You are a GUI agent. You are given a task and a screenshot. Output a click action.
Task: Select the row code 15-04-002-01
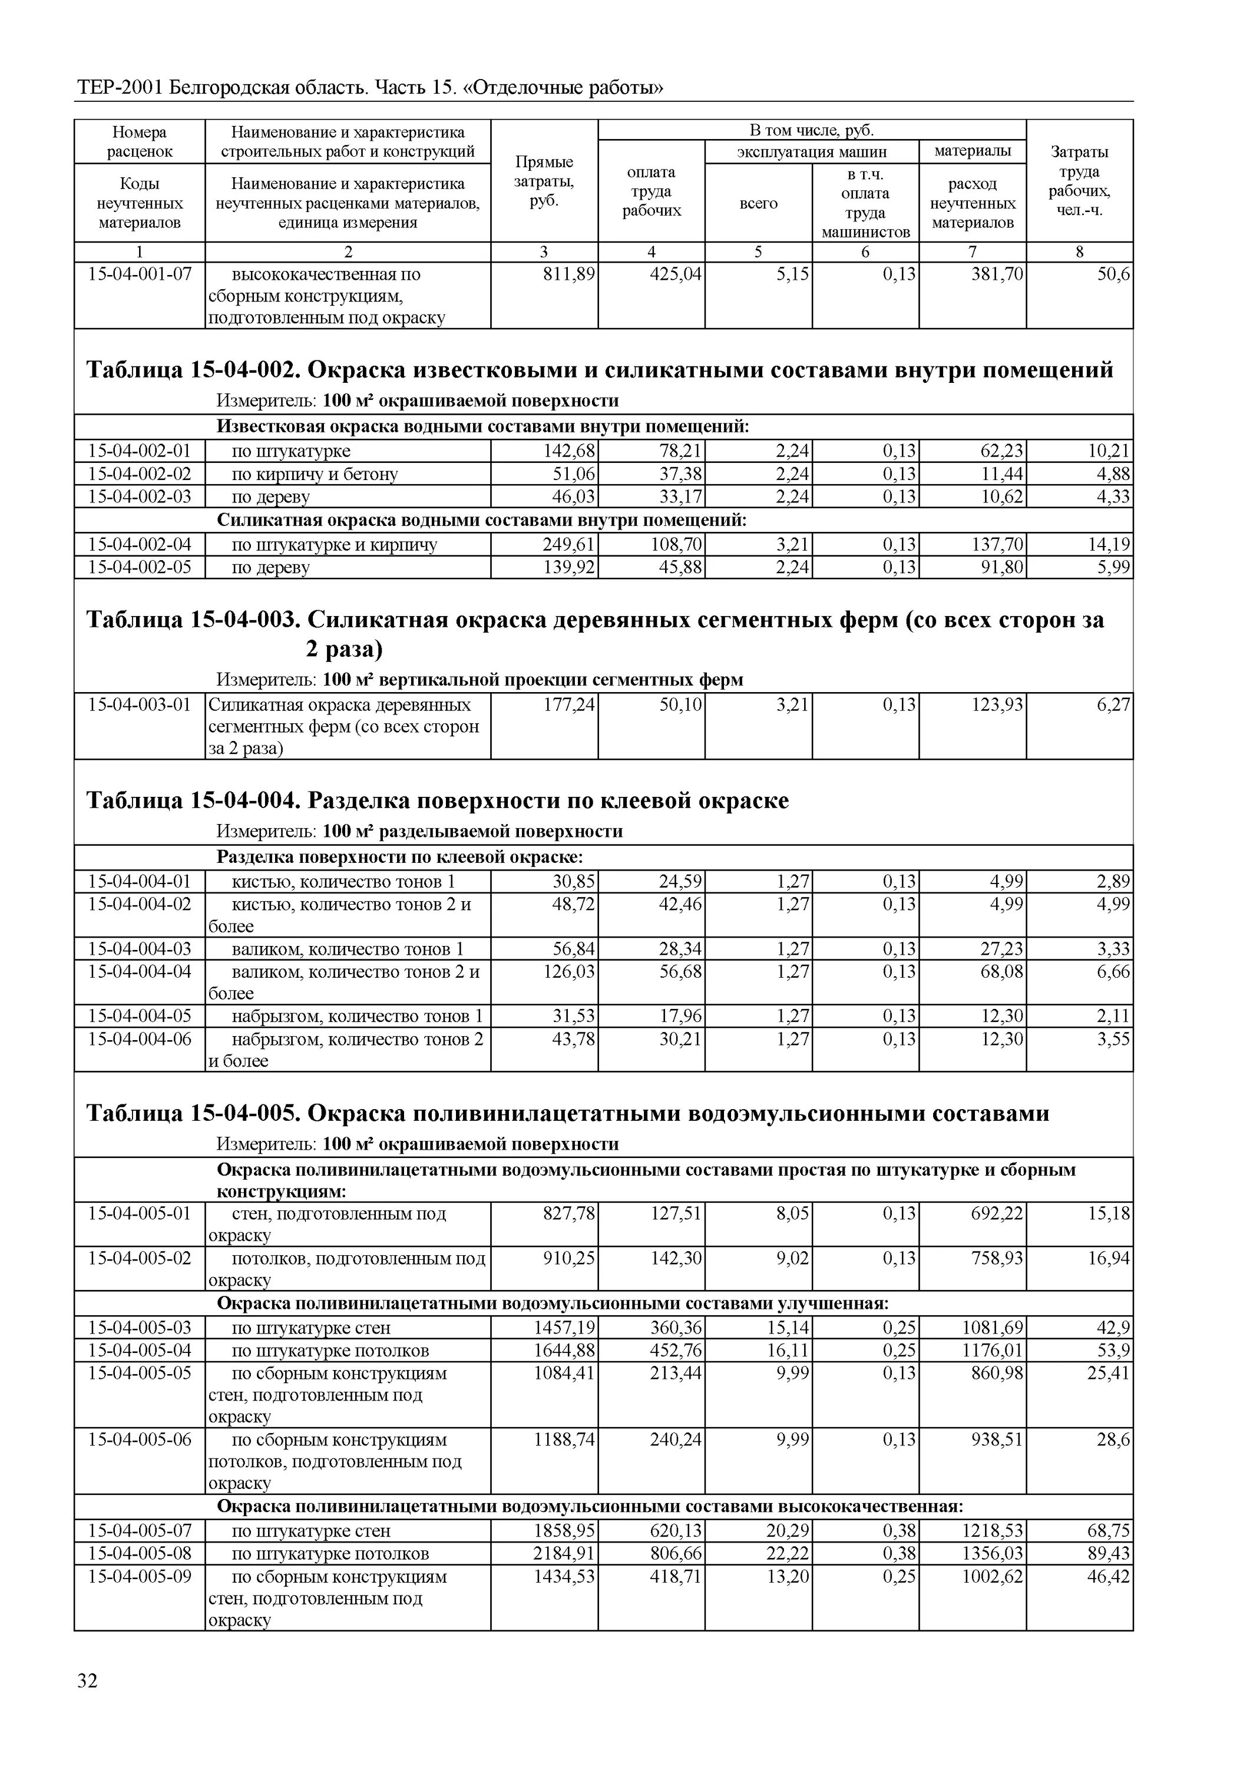pyautogui.click(x=140, y=451)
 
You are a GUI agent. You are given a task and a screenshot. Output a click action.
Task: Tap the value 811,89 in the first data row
pyautogui.click(x=569, y=274)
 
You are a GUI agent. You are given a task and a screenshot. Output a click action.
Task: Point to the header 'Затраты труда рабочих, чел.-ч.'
pyautogui.click(x=1079, y=181)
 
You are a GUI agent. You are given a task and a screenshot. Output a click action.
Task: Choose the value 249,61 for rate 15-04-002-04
pyautogui.click(x=569, y=545)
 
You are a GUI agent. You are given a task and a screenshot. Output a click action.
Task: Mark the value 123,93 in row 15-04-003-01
pyautogui.click(x=997, y=705)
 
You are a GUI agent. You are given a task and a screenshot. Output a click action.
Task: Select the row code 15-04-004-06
pyautogui.click(x=140, y=1040)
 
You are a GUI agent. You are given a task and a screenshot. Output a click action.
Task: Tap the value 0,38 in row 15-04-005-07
pyautogui.click(x=899, y=1531)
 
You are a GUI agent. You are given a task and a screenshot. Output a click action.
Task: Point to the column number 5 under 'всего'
pyautogui.click(x=758, y=252)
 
